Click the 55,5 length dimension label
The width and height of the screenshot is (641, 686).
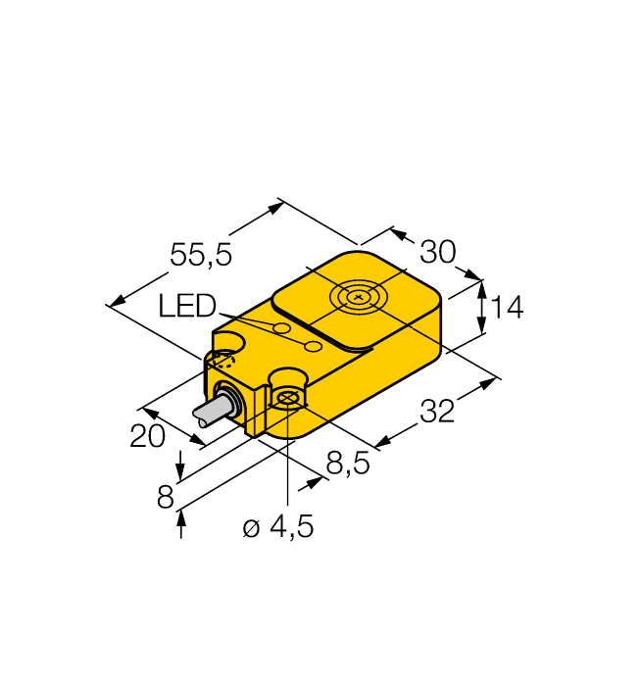201,256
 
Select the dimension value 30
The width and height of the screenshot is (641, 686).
437,253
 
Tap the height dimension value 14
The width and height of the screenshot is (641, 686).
507,309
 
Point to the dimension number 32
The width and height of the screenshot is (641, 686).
437,413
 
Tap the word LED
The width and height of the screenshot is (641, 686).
186,308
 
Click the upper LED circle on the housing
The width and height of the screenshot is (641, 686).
281,327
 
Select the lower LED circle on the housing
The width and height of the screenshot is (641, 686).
314,347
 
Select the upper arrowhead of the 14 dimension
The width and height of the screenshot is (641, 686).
481,286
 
